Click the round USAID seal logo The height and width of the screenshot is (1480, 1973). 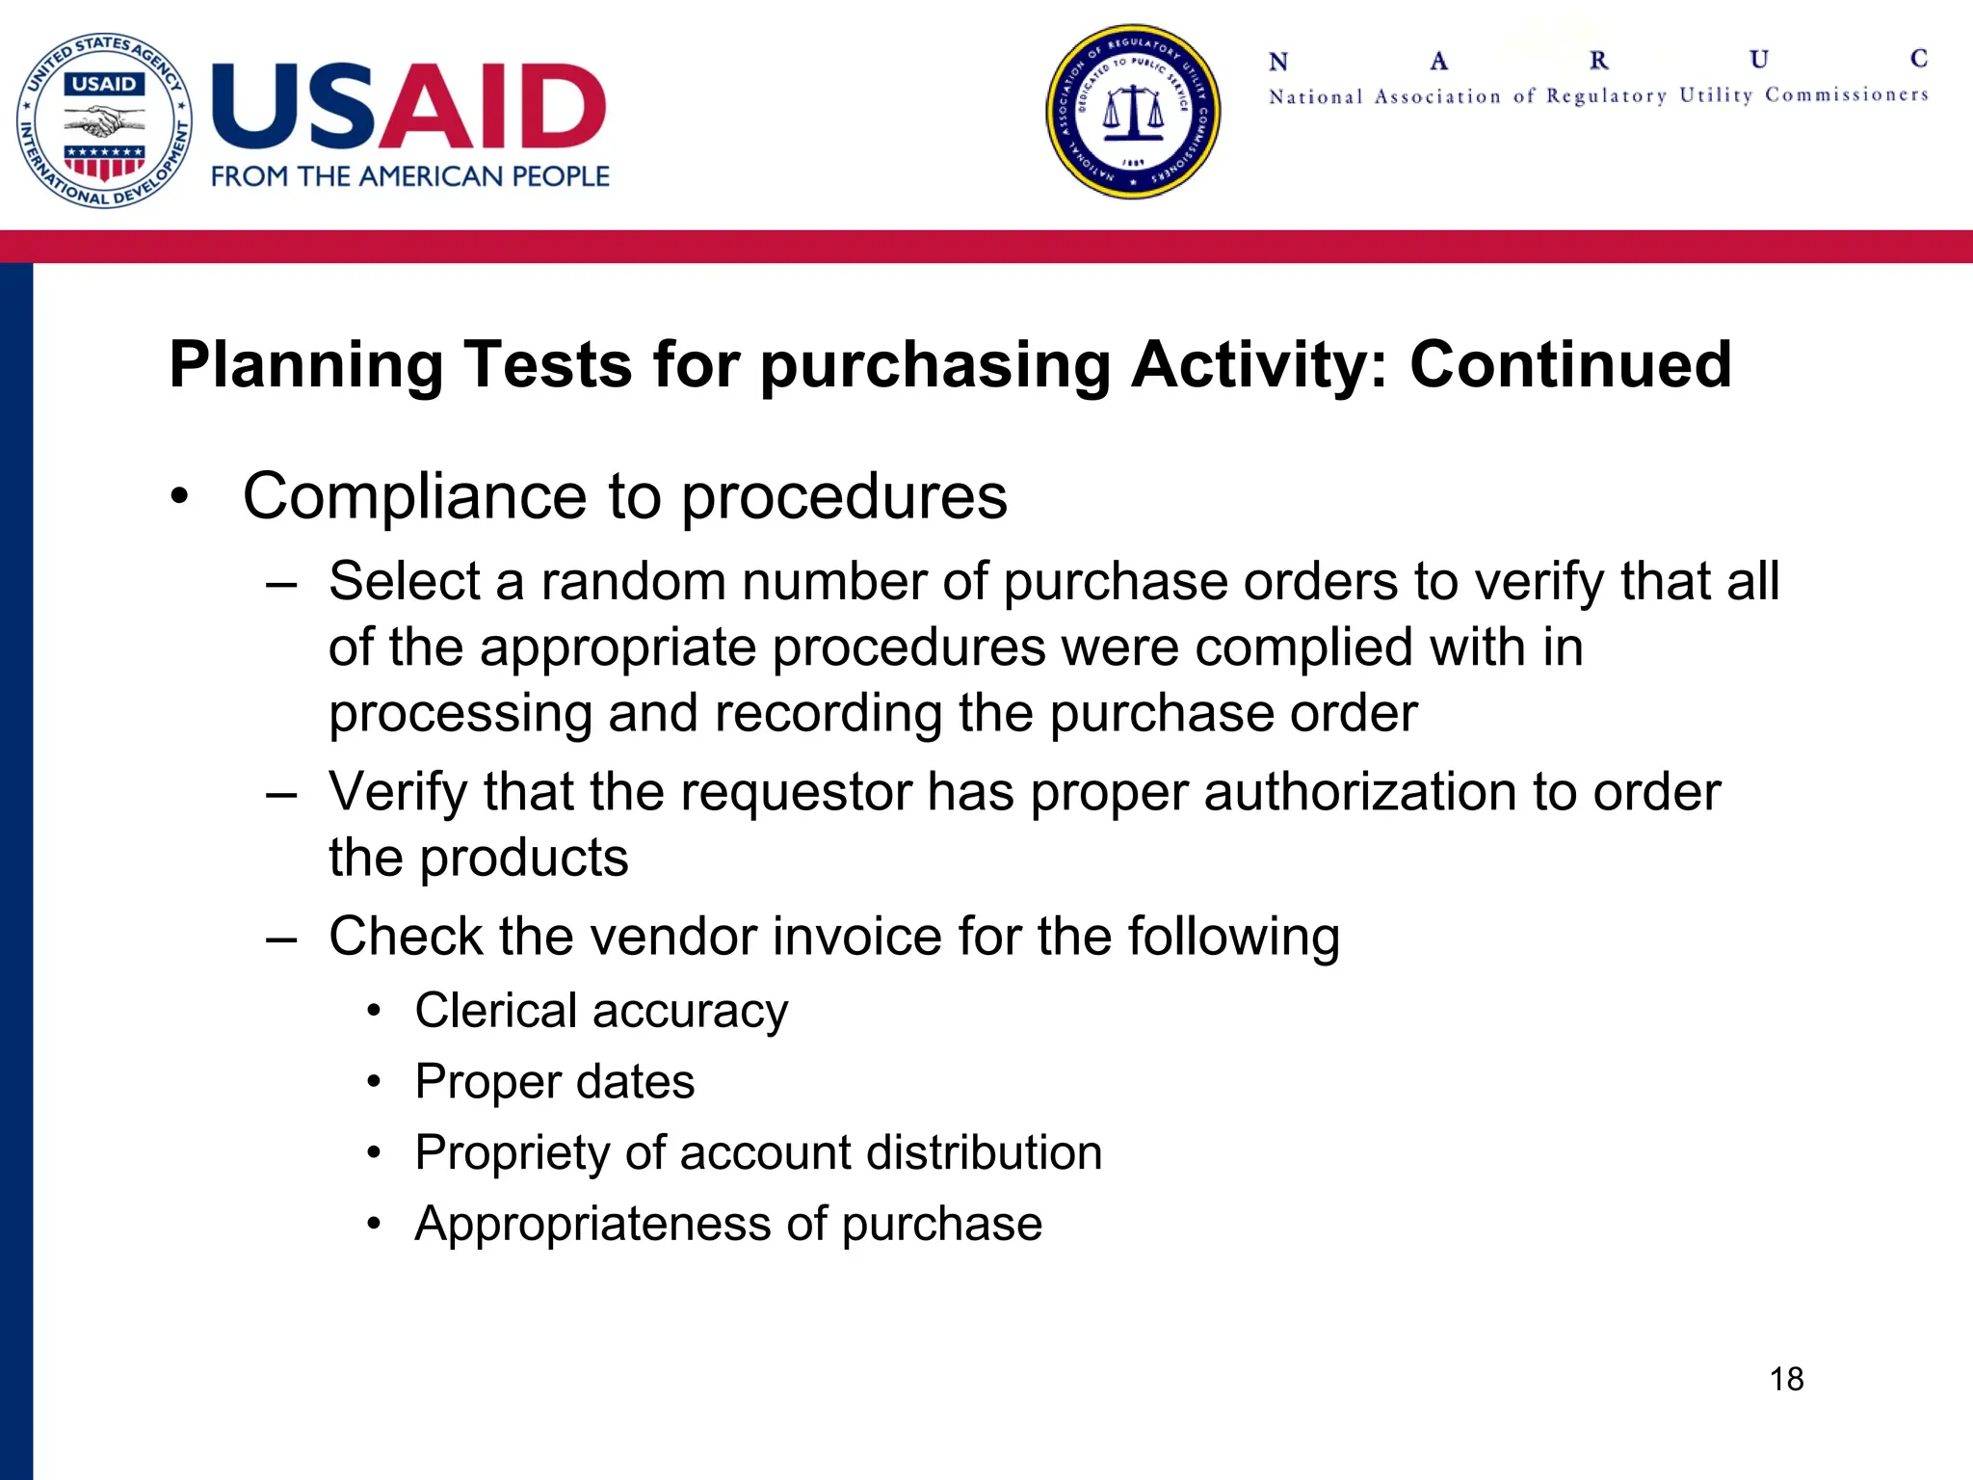pyautogui.click(x=104, y=120)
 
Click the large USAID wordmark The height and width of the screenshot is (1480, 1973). pyautogui.click(x=408, y=107)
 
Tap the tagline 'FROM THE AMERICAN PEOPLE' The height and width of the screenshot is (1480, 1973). pyautogui.click(x=410, y=176)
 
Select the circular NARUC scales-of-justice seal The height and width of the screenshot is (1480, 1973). pyautogui.click(x=1133, y=112)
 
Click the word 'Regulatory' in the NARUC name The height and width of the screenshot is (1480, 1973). pyautogui.click(x=1606, y=95)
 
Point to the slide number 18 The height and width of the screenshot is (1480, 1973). pyautogui.click(x=1786, y=1379)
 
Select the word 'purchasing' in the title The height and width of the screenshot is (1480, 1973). pyautogui.click(x=935, y=366)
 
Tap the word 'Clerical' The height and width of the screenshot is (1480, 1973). pyautogui.click(x=495, y=1011)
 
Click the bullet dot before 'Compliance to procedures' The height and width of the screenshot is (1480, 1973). pyautogui.click(x=179, y=498)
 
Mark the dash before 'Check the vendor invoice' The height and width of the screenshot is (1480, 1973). pyautogui.click(x=281, y=938)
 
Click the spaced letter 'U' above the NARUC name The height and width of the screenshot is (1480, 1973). pyautogui.click(x=1759, y=60)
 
